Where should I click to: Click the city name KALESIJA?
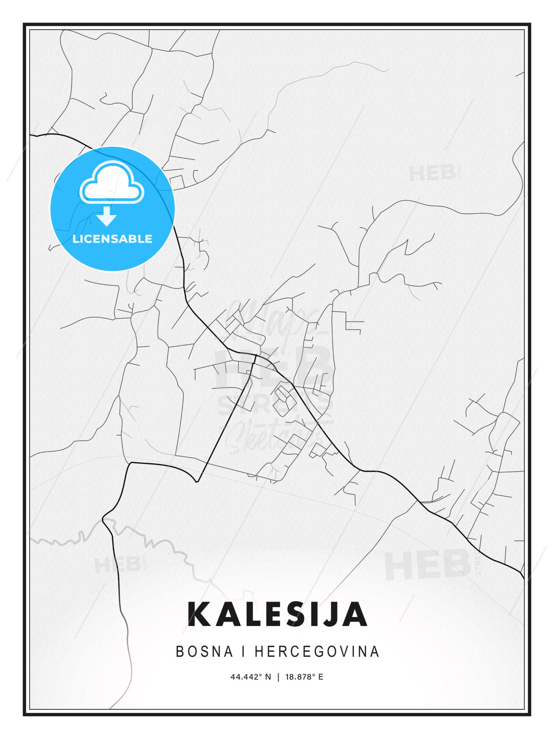tap(278, 614)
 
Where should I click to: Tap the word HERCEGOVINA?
tap(317, 651)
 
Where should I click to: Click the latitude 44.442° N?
tap(250, 677)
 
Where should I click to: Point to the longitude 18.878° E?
tap(305, 677)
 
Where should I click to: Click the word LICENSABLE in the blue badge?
tap(112, 239)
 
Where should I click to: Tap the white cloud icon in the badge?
tap(112, 183)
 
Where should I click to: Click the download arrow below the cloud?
tap(107, 216)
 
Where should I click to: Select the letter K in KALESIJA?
tap(200, 614)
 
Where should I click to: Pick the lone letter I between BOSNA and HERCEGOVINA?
tap(244, 651)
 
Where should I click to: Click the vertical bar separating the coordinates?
tap(278, 677)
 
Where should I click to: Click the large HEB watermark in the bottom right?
tap(428, 565)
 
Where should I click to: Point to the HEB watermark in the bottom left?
tap(117, 565)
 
